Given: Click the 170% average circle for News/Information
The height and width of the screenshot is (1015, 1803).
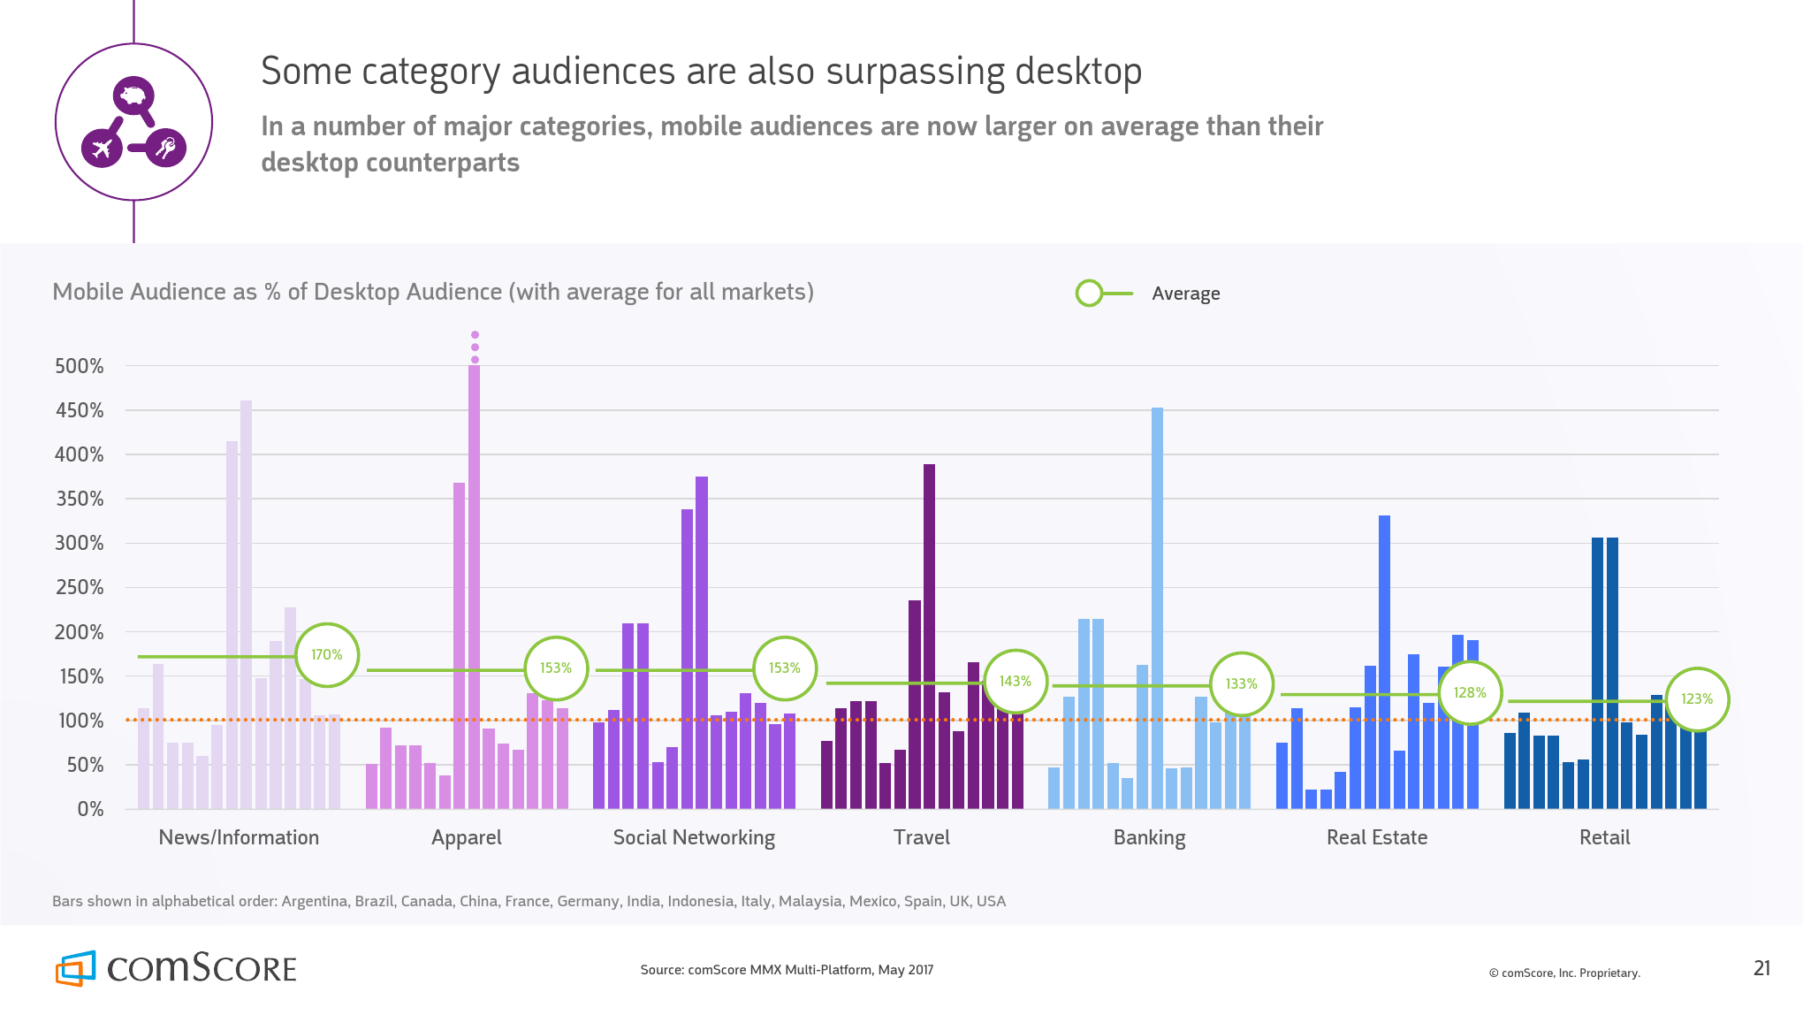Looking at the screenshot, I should [326, 655].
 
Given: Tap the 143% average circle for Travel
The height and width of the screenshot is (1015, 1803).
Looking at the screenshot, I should [1015, 682].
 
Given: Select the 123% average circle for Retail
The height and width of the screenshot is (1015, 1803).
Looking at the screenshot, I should [1696, 699].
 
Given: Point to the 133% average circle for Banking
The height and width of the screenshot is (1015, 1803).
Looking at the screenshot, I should [1241, 684].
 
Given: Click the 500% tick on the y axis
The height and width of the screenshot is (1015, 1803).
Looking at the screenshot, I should [80, 366].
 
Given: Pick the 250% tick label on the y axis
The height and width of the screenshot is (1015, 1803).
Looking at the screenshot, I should [80, 587].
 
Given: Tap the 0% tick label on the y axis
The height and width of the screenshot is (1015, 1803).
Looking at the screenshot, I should [90, 809].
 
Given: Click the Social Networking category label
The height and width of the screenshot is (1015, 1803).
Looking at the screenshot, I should [694, 837].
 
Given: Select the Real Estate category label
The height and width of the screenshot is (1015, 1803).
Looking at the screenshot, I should [1377, 837].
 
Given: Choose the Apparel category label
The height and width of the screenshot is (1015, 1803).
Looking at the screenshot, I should [466, 837].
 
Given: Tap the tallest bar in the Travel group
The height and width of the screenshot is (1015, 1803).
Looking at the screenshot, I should [929, 637].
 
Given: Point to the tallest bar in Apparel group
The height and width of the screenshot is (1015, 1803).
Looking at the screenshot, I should [475, 584].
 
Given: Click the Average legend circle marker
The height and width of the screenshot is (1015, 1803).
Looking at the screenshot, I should [1089, 294].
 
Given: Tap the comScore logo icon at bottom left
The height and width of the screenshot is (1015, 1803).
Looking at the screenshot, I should [76, 968].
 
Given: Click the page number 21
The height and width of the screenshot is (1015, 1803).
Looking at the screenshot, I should [1761, 968].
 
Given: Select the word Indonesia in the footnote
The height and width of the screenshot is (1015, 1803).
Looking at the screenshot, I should [700, 901].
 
